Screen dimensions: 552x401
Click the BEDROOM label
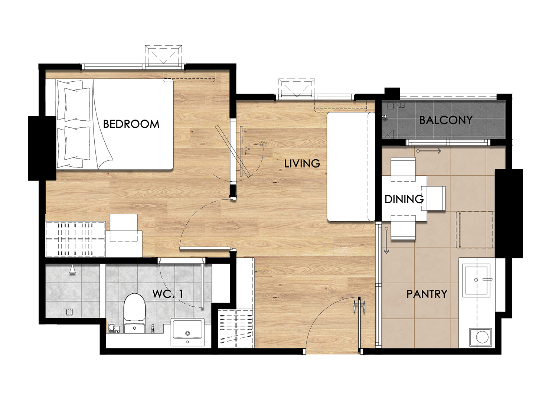[131, 124]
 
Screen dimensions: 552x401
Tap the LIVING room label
[302, 163]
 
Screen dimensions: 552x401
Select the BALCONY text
[446, 120]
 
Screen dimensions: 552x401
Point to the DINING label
[404, 199]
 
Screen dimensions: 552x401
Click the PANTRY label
[427, 294]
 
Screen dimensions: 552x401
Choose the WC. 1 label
[167, 294]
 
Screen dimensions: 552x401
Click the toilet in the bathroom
[134, 313]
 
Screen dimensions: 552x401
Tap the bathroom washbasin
[187, 332]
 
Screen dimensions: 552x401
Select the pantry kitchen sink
[476, 280]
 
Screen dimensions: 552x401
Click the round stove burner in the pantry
[482, 337]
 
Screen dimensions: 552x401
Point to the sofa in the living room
[351, 167]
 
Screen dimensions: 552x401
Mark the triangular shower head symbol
[72, 269]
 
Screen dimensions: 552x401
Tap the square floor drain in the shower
[69, 312]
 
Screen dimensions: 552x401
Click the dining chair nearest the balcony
[403, 169]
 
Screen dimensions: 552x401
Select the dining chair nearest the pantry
[403, 227]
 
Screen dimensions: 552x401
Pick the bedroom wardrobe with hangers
[75, 239]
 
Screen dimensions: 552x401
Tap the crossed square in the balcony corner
[388, 134]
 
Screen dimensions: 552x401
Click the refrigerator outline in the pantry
[476, 229]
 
